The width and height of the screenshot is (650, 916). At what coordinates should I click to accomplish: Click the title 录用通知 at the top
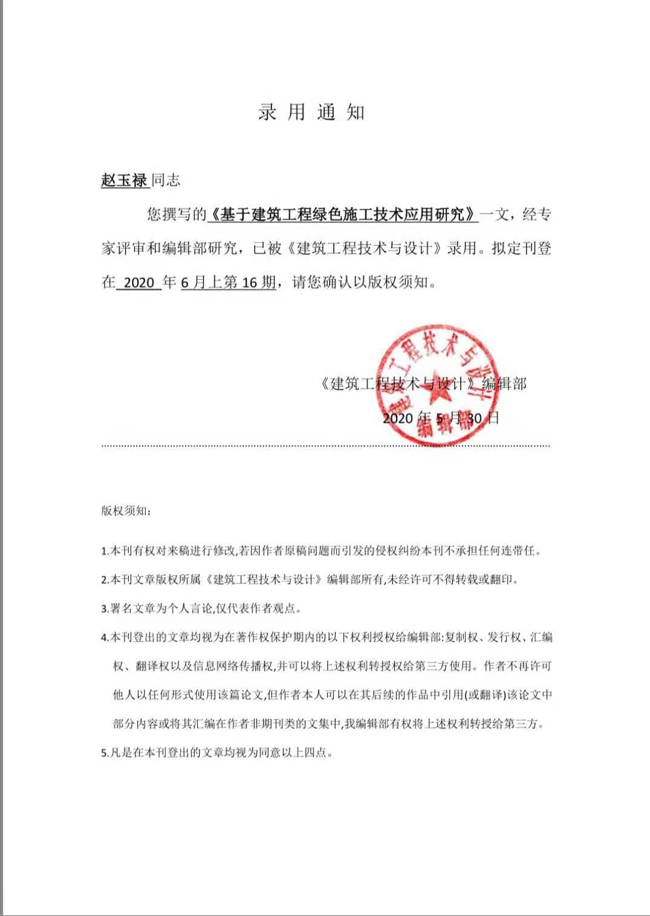point(311,113)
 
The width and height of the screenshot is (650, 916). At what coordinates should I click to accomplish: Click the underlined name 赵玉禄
point(124,180)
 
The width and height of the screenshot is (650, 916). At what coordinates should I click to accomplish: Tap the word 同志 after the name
point(166,180)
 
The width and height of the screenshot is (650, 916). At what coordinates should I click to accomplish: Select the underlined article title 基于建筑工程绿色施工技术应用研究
point(343,214)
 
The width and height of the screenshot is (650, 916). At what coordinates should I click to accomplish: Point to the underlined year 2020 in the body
point(139,283)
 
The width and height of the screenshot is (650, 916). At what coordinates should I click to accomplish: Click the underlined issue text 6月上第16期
point(228,283)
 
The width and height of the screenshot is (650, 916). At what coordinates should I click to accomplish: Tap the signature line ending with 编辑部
point(423,384)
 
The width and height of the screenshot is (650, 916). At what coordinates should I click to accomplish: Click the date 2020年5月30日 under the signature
point(441,418)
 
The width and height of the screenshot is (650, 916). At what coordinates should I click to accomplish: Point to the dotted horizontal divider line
point(325,446)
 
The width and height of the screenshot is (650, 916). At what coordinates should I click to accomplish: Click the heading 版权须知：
point(126,511)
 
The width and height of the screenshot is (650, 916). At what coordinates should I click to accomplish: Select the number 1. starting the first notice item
point(104,551)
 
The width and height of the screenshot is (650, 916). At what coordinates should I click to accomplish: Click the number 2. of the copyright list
point(104,580)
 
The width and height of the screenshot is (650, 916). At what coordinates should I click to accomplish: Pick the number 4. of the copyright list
point(104,638)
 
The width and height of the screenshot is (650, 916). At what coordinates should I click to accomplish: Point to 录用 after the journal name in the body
point(462,249)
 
